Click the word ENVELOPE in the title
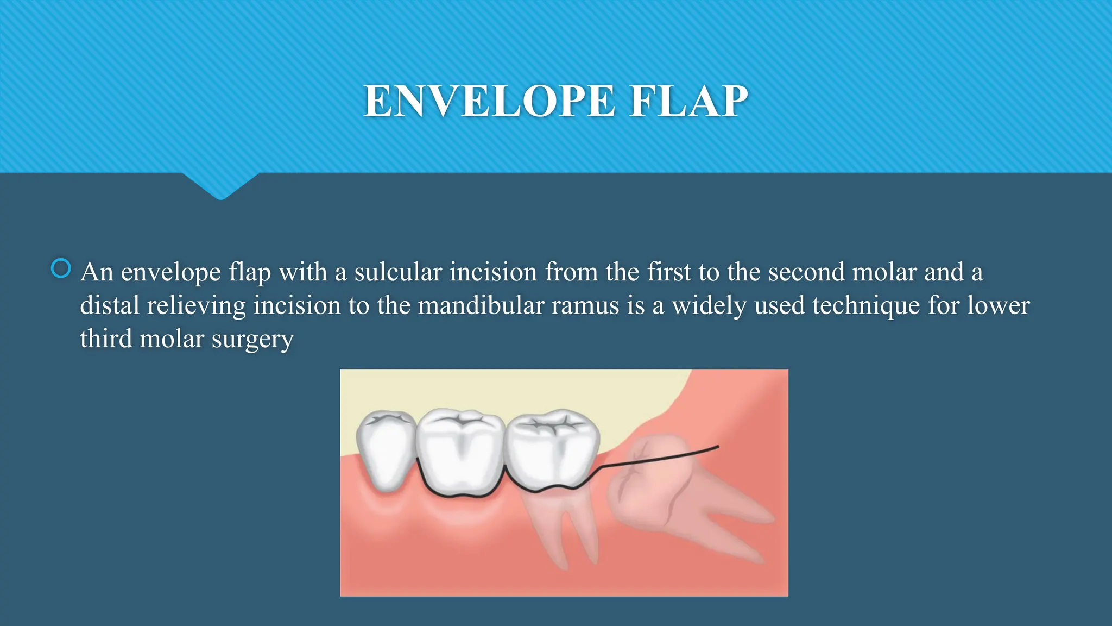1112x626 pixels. (489, 101)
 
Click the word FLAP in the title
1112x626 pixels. (688, 101)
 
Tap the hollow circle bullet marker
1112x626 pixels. (61, 268)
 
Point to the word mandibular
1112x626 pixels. (481, 305)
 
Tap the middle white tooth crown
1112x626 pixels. (460, 451)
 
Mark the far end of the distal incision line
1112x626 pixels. (718, 447)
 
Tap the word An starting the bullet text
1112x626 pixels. (97, 272)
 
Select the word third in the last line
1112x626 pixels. (106, 339)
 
